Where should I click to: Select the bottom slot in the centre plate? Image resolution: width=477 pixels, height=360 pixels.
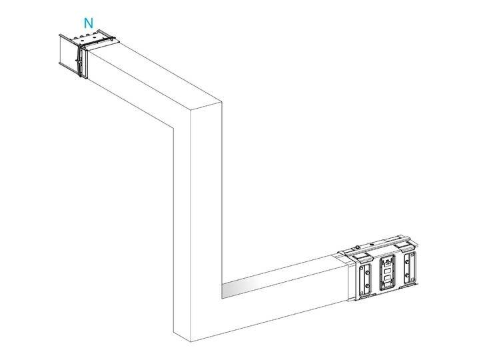[386, 283]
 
